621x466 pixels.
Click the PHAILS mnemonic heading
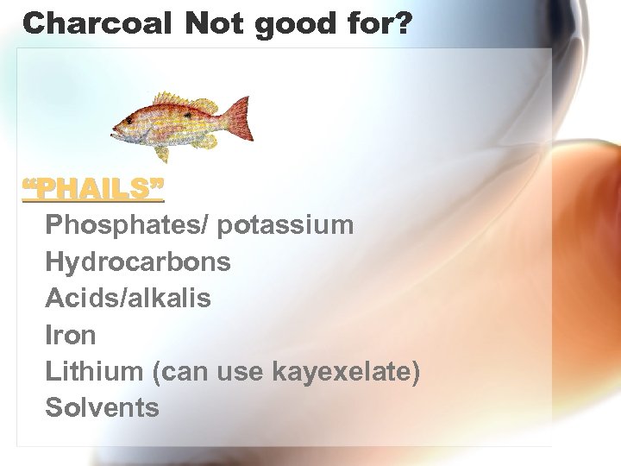point(93,188)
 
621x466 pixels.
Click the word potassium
point(286,225)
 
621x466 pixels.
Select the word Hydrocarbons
point(138,261)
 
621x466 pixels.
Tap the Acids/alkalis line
point(128,298)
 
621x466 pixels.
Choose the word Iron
point(71,334)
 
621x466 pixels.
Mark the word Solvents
point(103,406)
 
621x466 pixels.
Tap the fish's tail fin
point(238,118)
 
